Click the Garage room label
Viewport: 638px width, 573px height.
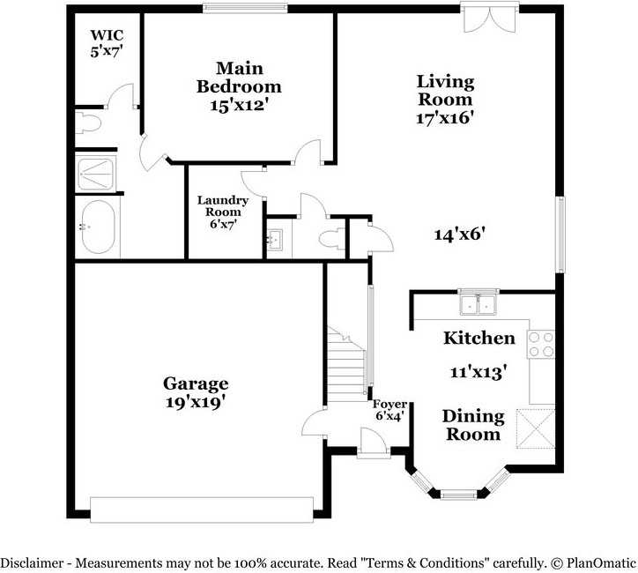point(196,383)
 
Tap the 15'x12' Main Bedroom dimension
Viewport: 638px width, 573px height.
point(240,106)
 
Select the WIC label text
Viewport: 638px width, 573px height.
point(107,35)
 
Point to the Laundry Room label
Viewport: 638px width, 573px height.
point(223,206)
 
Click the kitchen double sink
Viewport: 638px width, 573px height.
point(478,304)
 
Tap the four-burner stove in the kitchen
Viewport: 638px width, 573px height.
point(541,345)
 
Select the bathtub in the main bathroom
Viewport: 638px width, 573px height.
point(98,227)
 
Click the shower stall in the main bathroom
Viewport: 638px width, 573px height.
point(96,174)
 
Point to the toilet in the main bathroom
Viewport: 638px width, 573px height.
point(88,123)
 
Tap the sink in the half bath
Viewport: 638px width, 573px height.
point(275,239)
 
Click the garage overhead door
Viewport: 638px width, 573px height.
point(202,510)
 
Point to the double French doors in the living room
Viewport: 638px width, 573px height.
point(490,18)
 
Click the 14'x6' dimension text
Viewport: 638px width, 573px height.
point(460,234)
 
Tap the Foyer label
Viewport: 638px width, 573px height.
point(389,404)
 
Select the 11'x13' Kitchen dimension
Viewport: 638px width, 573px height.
point(478,372)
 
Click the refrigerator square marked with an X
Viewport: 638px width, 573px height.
point(536,428)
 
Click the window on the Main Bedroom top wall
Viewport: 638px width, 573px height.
point(245,8)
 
